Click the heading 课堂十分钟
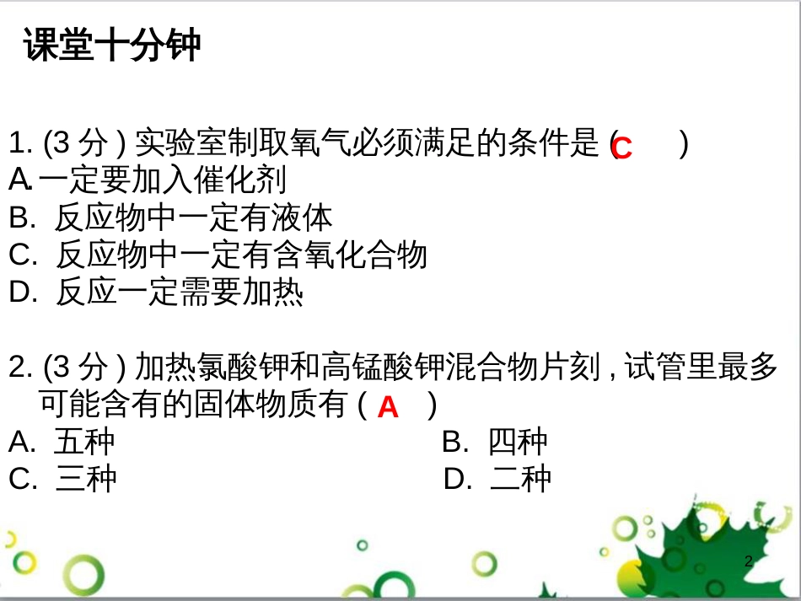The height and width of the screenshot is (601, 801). pyautogui.click(x=112, y=46)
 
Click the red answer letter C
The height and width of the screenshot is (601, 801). pyautogui.click(x=621, y=148)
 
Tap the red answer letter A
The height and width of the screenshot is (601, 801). pyautogui.click(x=387, y=408)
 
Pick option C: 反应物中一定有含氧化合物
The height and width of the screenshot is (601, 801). pyautogui.click(x=218, y=255)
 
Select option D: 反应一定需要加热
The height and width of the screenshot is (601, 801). pyautogui.click(x=156, y=292)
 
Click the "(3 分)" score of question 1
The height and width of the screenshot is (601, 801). pyautogui.click(x=84, y=143)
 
